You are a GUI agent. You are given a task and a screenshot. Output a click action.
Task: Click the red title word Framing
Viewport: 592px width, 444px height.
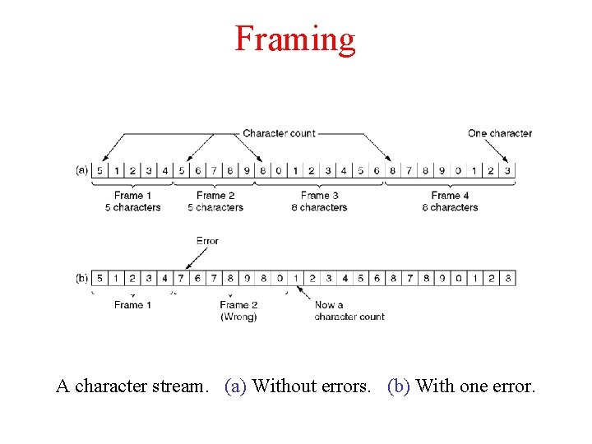[x=295, y=39]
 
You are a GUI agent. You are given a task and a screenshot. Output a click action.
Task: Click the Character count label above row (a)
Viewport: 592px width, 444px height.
[x=279, y=133]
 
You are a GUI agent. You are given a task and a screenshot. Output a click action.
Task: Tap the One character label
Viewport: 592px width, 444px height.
[x=499, y=133]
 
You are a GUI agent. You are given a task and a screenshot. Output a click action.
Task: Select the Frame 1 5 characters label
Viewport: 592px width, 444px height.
[x=133, y=201]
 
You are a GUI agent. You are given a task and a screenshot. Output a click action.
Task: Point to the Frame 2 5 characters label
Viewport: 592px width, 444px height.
[x=215, y=201]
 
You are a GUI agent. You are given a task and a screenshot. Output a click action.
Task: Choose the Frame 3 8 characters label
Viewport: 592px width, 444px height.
[x=320, y=201]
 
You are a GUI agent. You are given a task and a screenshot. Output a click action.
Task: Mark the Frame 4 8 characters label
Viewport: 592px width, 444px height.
[x=450, y=201]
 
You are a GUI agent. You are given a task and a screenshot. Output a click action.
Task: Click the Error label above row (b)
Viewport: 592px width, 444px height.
[x=207, y=241]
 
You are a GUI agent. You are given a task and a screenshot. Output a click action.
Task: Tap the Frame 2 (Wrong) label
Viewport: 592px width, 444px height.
[x=238, y=311]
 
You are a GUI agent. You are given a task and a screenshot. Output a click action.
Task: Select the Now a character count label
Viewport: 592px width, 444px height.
[x=349, y=311]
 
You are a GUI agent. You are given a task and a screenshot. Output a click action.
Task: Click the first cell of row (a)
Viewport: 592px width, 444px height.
[x=99, y=171]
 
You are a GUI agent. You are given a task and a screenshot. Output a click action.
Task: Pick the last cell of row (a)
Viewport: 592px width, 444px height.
[x=507, y=171]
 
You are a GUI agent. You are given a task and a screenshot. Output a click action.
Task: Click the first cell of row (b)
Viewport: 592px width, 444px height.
[x=99, y=279]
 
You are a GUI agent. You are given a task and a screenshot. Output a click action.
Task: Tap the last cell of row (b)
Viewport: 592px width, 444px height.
[x=508, y=279]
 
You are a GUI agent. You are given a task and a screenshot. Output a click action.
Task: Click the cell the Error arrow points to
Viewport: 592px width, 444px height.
[x=181, y=279]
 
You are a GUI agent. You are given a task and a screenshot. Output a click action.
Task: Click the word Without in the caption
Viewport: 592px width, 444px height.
[x=281, y=386]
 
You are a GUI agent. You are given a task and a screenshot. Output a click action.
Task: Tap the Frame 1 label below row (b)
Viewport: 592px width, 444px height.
[x=133, y=305]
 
